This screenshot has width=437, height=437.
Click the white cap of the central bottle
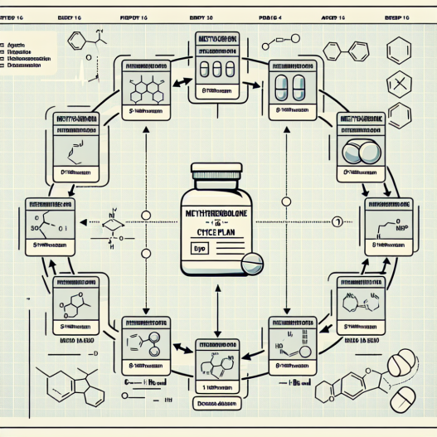coord(217,171)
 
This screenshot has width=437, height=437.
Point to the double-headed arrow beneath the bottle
coord(216,314)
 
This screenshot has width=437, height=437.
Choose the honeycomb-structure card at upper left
coord(147,88)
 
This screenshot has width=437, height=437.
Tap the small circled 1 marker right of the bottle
coord(337,221)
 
